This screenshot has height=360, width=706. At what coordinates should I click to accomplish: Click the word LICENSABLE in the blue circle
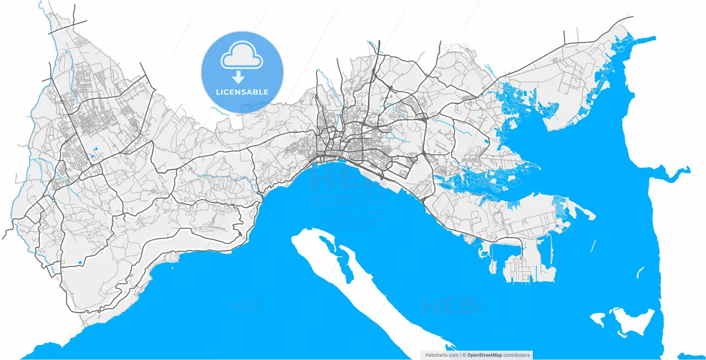[x=242, y=92]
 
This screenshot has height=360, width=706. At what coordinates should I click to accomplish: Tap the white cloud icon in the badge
[x=242, y=58]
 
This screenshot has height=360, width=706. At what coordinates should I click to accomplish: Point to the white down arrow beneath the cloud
[x=239, y=77]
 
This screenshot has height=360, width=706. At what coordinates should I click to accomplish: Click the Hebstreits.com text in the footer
[x=441, y=355]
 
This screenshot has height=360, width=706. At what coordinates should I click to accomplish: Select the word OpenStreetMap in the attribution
[x=485, y=355]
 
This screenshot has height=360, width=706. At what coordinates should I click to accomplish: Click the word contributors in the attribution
[x=516, y=355]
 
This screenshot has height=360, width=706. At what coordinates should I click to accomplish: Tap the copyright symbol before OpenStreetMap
[x=464, y=355]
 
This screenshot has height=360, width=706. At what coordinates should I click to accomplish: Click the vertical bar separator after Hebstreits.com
[x=461, y=355]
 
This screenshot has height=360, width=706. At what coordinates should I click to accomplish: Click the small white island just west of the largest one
[x=598, y=319]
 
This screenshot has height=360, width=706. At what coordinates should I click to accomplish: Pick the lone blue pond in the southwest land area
[x=81, y=261]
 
